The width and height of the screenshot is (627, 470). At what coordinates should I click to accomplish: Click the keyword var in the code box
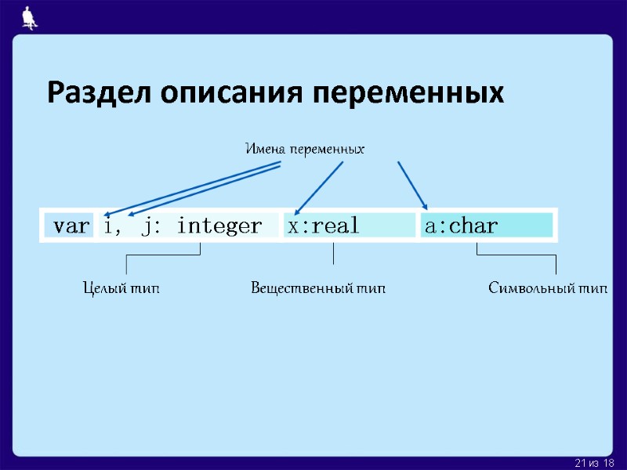pos(70,226)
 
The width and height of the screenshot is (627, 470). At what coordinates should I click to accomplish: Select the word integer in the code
pos(219,226)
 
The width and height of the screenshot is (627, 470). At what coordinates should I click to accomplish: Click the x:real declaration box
pos(349,226)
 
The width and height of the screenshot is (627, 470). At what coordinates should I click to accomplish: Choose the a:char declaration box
pos(486,226)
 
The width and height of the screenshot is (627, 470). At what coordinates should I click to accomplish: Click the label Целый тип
pos(121,288)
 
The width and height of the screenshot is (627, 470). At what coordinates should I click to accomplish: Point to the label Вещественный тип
pos(318,288)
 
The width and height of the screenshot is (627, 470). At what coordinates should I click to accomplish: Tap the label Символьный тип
pos(548,288)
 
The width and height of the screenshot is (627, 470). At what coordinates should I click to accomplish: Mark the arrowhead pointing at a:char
pos(424,206)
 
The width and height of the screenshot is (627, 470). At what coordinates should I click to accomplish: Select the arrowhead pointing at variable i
pos(108,211)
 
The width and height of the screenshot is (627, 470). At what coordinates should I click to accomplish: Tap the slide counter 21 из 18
pos(594,464)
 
